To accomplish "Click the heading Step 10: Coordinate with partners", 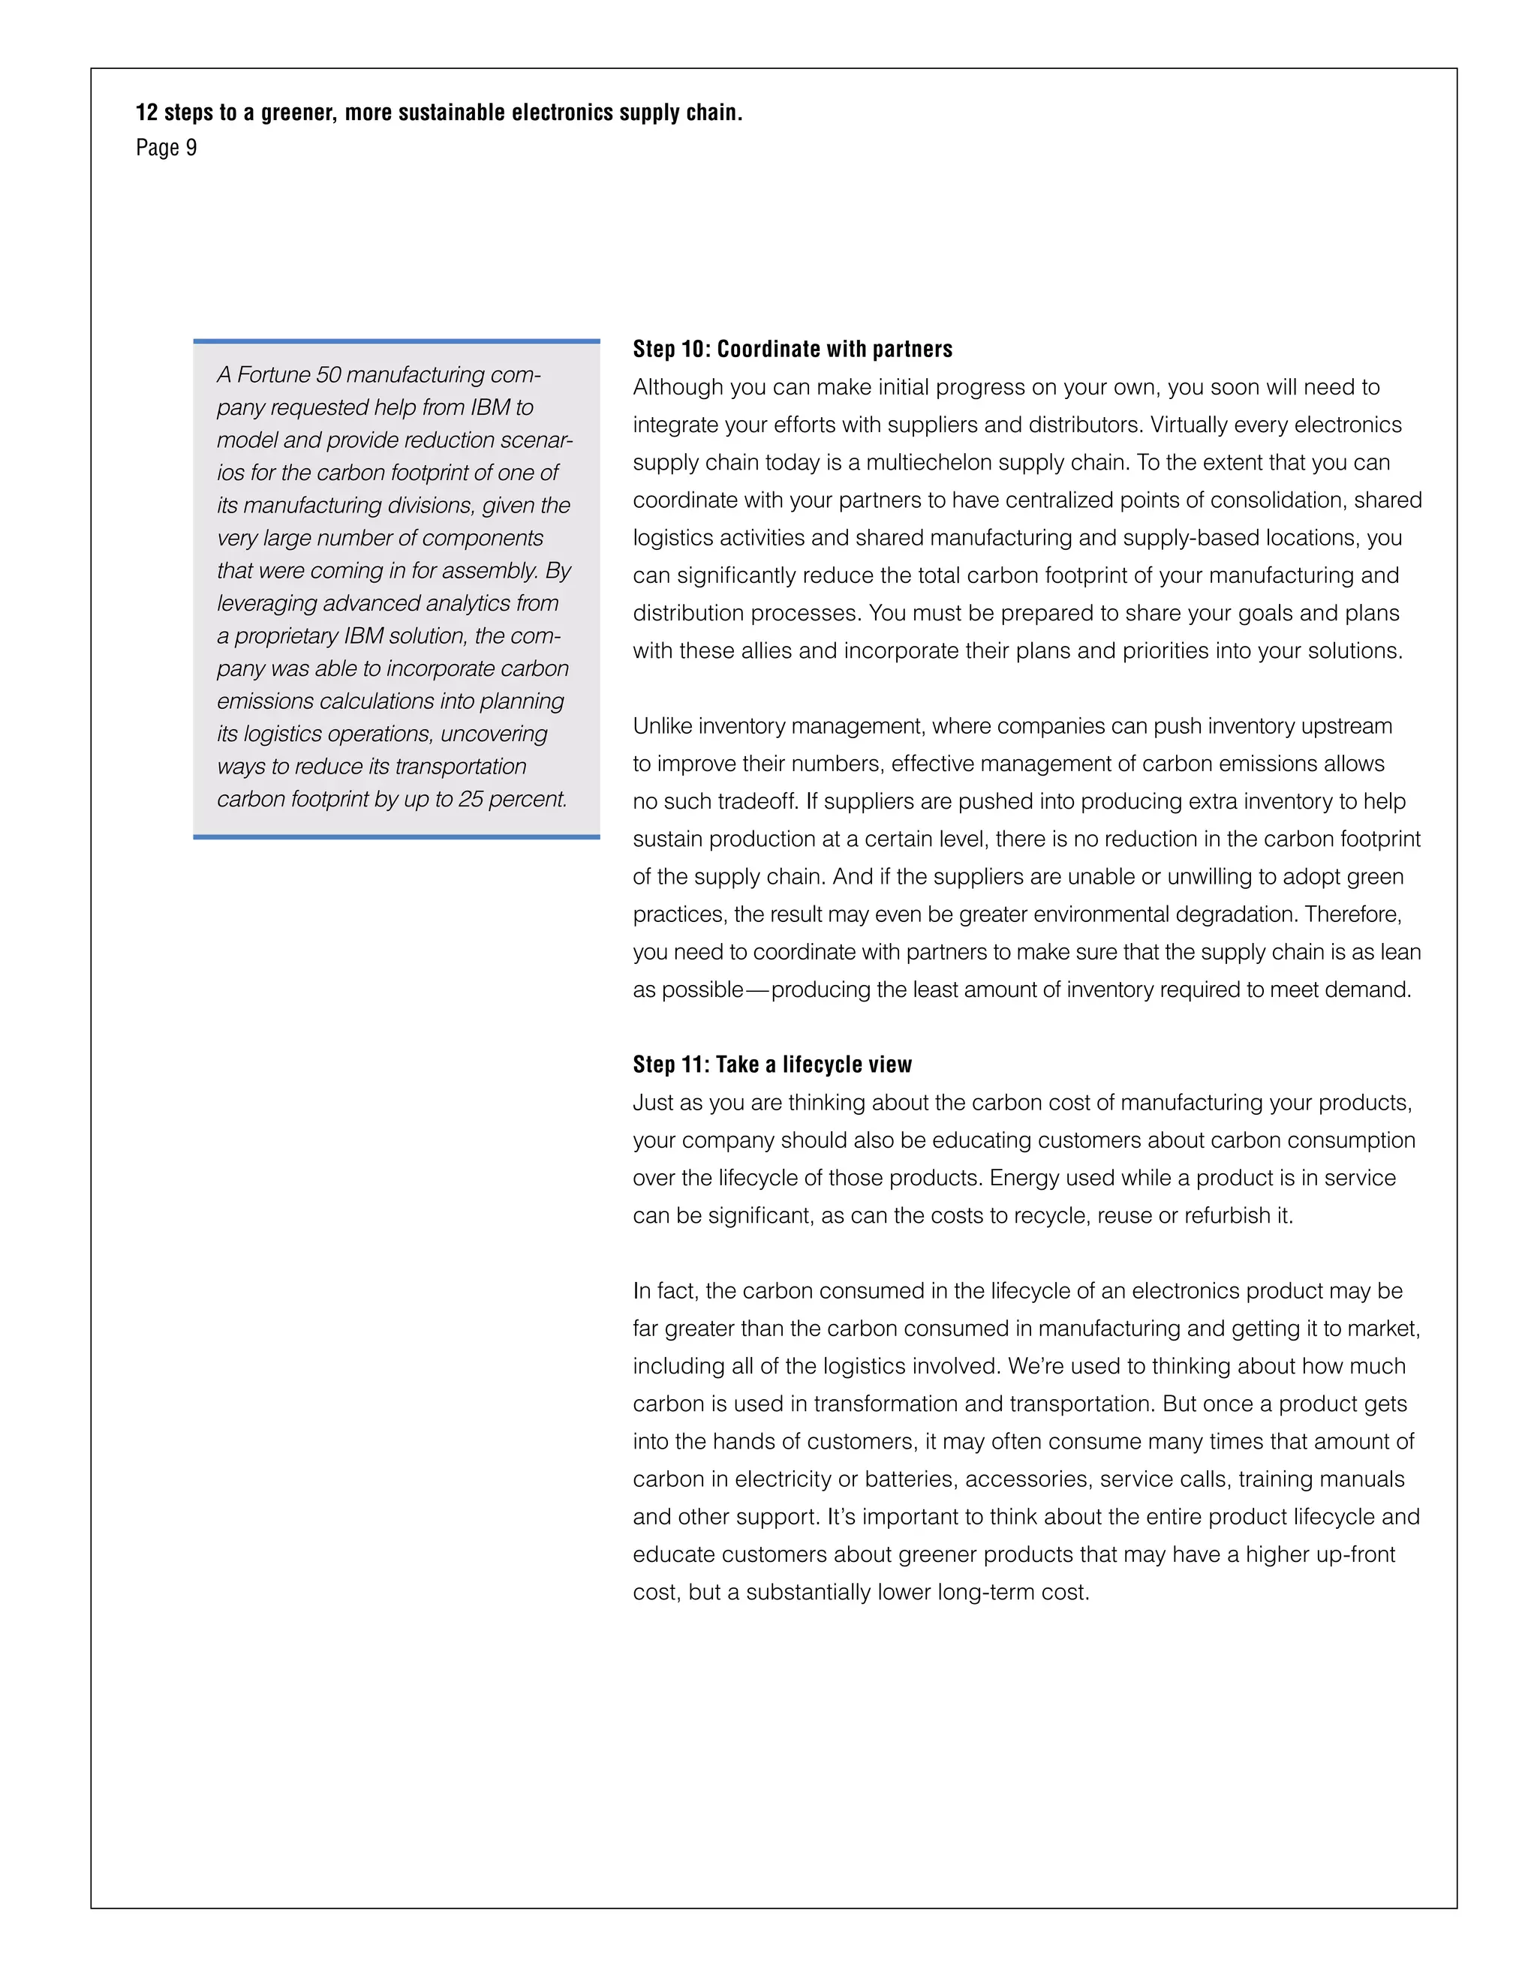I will [793, 350].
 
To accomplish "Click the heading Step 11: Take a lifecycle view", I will [772, 1065].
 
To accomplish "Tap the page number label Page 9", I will [166, 148].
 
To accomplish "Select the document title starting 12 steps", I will [439, 113].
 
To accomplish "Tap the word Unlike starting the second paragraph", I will [662, 726].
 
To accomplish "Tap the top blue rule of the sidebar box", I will [396, 341].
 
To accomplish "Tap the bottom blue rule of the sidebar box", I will [396, 836].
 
